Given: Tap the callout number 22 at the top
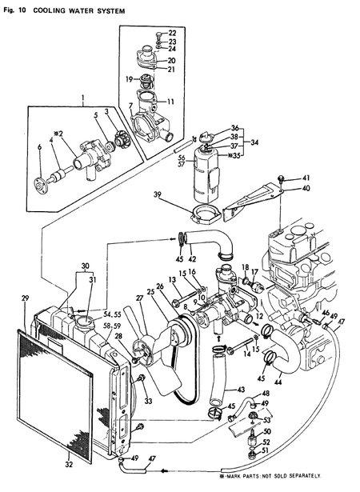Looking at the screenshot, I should [172, 33].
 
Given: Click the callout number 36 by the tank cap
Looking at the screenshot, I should [234, 129].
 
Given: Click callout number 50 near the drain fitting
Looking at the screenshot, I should [267, 432].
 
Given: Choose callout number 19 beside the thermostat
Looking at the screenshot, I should [128, 79].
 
